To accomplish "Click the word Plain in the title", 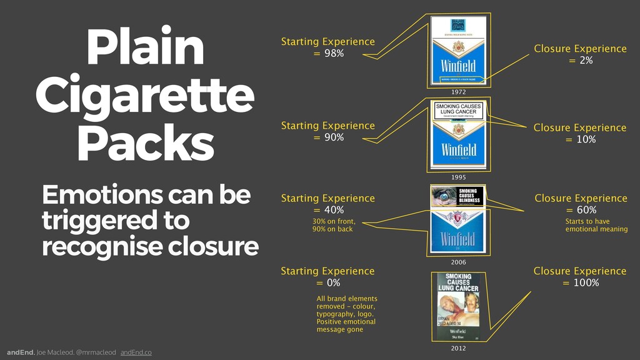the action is point(145,49).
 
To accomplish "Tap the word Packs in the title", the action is point(145,143).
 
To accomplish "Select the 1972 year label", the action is point(458,92).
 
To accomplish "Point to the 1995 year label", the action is point(458,177).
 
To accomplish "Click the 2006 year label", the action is point(458,262).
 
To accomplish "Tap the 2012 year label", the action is point(458,348).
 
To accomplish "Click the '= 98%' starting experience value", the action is point(328,54).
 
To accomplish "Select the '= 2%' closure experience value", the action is point(580,61).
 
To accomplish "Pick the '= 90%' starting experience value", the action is point(328,137).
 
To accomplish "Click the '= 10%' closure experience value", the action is point(580,139).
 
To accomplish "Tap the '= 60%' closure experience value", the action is point(581,210).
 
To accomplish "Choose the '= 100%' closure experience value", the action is point(580,283).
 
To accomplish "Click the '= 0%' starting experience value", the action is point(327,283).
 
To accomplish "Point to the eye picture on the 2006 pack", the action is point(444,197).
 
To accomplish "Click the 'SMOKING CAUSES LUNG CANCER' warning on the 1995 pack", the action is point(458,111).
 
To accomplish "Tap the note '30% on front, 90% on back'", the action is point(334,225).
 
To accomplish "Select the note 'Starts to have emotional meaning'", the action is point(596,225).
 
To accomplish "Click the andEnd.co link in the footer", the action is point(136,352).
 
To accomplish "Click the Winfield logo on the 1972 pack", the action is point(458,66).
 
